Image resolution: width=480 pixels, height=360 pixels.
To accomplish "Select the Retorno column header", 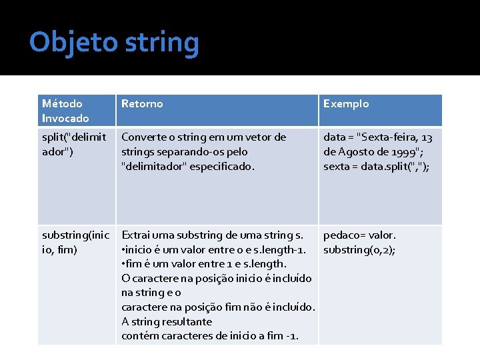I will pyautogui.click(x=142, y=103).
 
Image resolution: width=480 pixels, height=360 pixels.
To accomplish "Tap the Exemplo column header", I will pyautogui.click(x=346, y=103).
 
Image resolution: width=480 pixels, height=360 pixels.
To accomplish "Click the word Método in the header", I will pyautogui.click(x=62, y=103).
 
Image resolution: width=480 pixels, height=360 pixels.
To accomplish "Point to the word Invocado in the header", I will pyautogui.click(x=65, y=118).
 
